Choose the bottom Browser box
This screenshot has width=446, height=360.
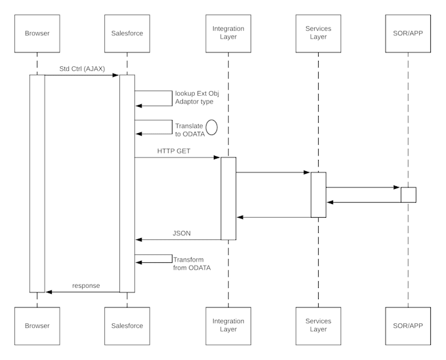37,325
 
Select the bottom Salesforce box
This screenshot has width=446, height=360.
127,325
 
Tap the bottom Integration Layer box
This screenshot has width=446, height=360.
228,325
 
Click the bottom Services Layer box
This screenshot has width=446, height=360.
318,325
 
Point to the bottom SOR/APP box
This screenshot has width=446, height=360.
408,325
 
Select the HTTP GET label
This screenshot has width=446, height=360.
174,150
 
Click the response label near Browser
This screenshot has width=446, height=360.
86,285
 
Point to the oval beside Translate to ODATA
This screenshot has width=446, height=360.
211,127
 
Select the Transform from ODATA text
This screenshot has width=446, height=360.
192,263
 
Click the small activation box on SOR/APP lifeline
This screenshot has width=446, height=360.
408,195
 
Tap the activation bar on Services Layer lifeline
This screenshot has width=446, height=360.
318,194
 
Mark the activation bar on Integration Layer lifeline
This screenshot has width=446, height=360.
228,198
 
